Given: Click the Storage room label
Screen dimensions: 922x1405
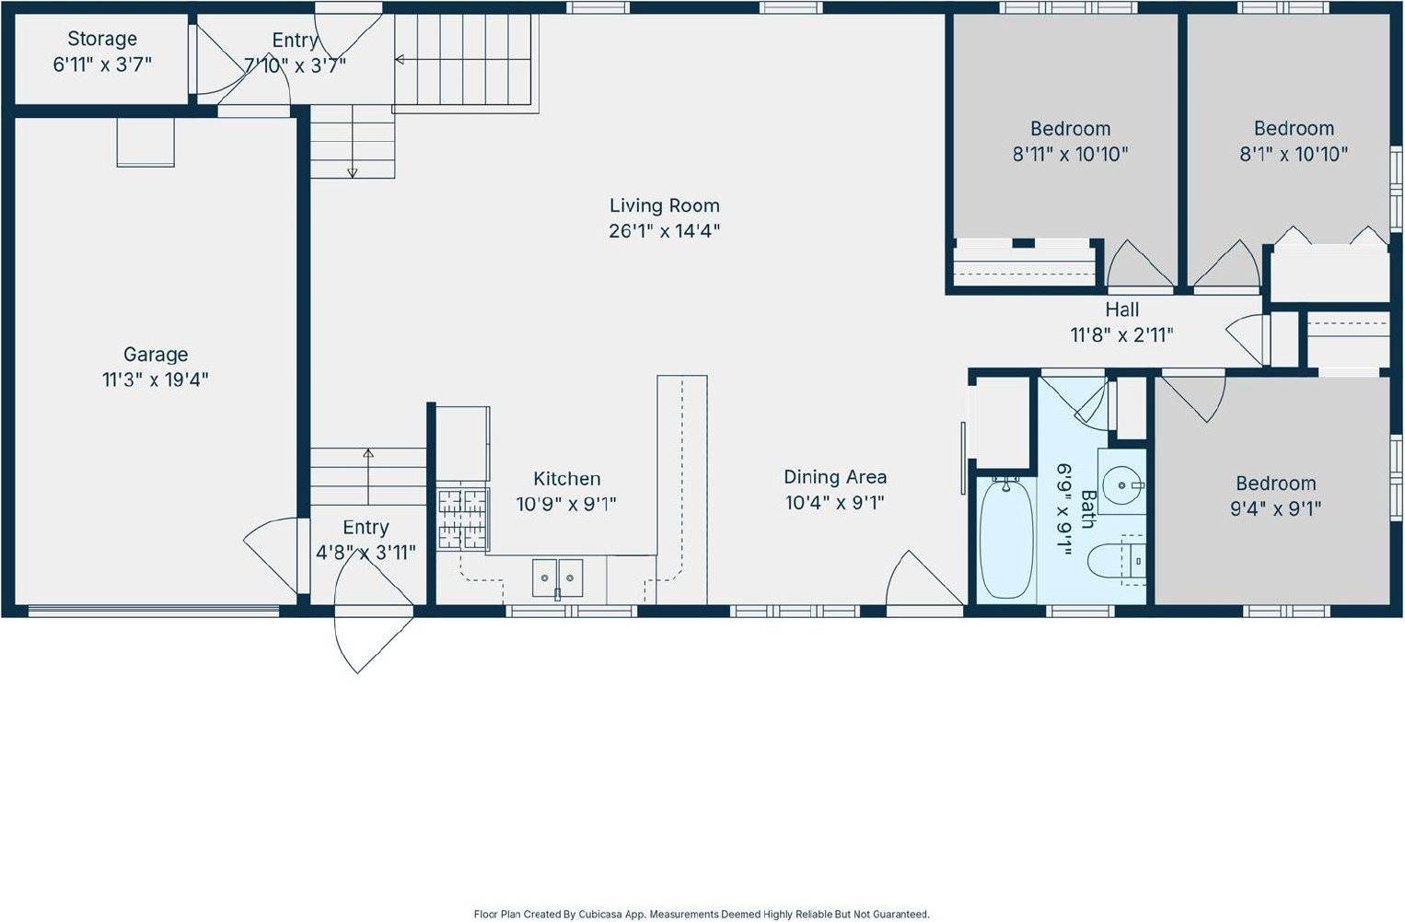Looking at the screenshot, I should (102, 40).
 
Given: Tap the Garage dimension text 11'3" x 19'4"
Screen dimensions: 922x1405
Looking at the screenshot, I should (156, 379).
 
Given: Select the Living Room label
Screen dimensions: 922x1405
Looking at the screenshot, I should (664, 205).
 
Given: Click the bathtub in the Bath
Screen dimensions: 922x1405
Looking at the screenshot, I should (1005, 538).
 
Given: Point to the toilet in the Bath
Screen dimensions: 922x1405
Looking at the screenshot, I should (1114, 559).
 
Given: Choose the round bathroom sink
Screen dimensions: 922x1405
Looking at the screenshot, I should (1122, 484).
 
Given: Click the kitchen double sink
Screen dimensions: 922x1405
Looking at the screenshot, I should (557, 578).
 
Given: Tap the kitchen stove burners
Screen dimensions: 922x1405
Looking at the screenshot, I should (461, 519).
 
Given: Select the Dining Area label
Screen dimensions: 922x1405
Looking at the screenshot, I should (835, 477).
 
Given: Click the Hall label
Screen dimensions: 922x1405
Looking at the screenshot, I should (1121, 310).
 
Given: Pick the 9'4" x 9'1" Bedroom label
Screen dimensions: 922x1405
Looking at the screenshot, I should (1275, 484).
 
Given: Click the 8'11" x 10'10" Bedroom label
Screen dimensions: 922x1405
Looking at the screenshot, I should (1070, 129).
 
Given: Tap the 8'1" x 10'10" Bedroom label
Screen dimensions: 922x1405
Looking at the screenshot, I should (1294, 129).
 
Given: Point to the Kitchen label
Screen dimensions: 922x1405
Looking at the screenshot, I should (567, 479).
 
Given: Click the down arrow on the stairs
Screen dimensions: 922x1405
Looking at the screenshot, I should (352, 171).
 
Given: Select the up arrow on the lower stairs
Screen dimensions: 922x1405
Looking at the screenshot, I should (368, 453).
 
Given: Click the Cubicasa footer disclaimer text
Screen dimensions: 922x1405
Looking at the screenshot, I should (702, 914).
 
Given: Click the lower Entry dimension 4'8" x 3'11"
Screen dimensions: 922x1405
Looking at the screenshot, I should (366, 553).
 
